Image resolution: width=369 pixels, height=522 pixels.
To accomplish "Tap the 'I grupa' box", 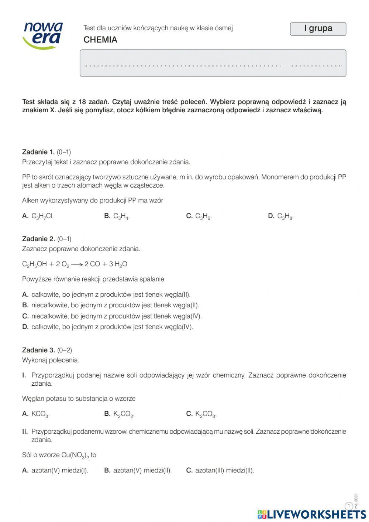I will pyautogui.click(x=318, y=29).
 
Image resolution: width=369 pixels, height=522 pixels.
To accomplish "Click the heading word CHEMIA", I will pyautogui.click(x=100, y=40).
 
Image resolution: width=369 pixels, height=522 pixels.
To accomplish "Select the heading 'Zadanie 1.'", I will pyautogui.click(x=38, y=152).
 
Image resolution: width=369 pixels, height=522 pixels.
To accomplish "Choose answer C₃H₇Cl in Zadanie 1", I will pyautogui.click(x=42, y=216).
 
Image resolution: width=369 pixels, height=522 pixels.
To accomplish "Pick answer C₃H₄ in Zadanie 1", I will pyautogui.click(x=121, y=216).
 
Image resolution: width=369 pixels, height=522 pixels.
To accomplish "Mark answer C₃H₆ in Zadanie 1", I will pyautogui.click(x=203, y=216).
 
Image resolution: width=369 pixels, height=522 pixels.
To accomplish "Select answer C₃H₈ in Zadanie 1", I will pyautogui.click(x=285, y=216).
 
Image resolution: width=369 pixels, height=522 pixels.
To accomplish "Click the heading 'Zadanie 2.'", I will pyautogui.click(x=38, y=239).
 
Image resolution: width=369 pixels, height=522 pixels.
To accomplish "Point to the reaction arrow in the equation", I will pyautogui.click(x=77, y=265).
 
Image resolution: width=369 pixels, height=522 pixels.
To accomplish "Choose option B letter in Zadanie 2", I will pyautogui.click(x=25, y=305).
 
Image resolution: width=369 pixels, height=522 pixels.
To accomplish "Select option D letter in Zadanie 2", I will pyautogui.click(x=25, y=327).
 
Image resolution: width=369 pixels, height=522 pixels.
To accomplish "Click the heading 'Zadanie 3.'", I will pyautogui.click(x=38, y=350).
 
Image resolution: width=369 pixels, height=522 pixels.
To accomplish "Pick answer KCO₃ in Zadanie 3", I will pyautogui.click(x=40, y=414).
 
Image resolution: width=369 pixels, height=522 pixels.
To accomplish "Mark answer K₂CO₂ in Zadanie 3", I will pyautogui.click(x=124, y=414).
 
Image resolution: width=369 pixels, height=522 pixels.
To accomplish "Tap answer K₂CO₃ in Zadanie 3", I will pyautogui.click(x=206, y=414).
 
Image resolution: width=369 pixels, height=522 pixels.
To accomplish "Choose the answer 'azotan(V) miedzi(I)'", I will pyautogui.click(x=60, y=470).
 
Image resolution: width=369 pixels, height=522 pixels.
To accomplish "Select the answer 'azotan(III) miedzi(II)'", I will pyautogui.click(x=224, y=470).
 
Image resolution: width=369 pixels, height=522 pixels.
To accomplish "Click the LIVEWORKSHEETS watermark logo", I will pyautogui.click(x=312, y=514).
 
